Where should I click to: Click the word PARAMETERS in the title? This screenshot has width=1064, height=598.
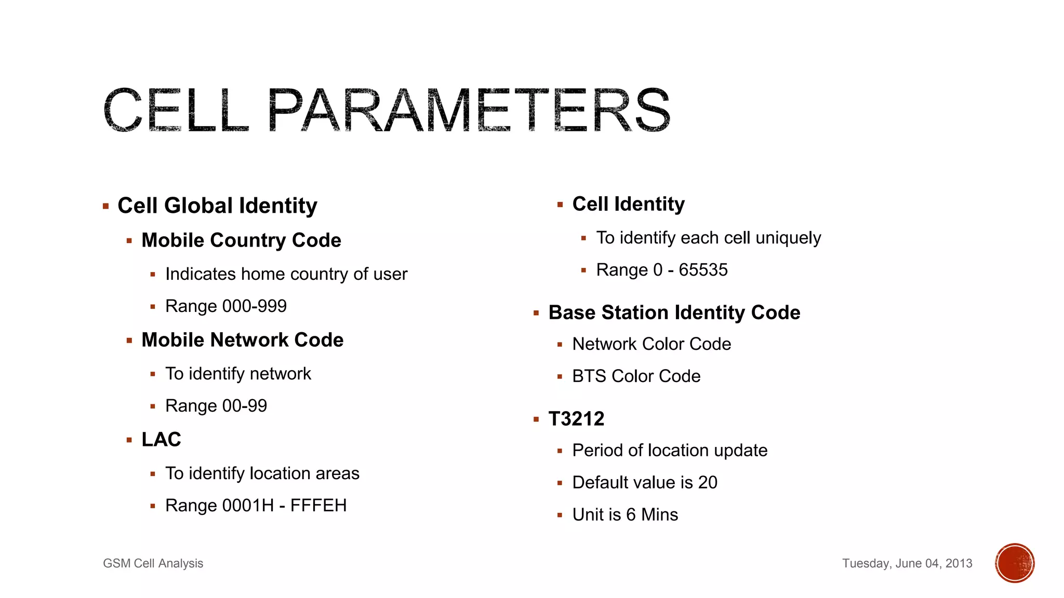click(x=469, y=110)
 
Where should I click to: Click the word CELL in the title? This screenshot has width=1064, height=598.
click(x=176, y=110)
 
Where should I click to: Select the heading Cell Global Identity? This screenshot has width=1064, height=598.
click(x=217, y=206)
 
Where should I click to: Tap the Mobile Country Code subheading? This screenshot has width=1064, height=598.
click(x=241, y=240)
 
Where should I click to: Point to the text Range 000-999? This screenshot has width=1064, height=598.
click(x=225, y=306)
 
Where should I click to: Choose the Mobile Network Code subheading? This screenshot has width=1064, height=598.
click(x=242, y=340)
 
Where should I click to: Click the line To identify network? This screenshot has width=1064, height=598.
click(x=238, y=374)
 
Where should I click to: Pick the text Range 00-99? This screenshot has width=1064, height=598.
click(x=216, y=406)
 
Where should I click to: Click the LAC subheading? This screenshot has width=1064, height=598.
click(x=161, y=440)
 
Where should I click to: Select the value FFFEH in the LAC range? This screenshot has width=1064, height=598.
click(x=318, y=506)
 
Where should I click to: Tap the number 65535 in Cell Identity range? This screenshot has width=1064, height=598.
click(x=703, y=270)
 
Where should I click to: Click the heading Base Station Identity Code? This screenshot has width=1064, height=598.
click(x=674, y=312)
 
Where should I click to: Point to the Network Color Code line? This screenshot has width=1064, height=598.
click(x=651, y=344)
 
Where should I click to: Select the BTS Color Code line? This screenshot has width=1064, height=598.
click(x=636, y=376)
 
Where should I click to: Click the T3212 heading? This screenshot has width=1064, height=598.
click(x=576, y=419)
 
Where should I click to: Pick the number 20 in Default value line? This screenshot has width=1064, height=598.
click(x=708, y=483)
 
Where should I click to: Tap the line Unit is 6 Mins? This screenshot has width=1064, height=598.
click(x=625, y=515)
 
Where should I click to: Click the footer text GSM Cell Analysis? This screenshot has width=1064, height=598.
click(x=153, y=563)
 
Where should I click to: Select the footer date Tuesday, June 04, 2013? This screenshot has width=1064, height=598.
click(x=907, y=563)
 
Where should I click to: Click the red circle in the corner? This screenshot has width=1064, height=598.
click(x=1014, y=563)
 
